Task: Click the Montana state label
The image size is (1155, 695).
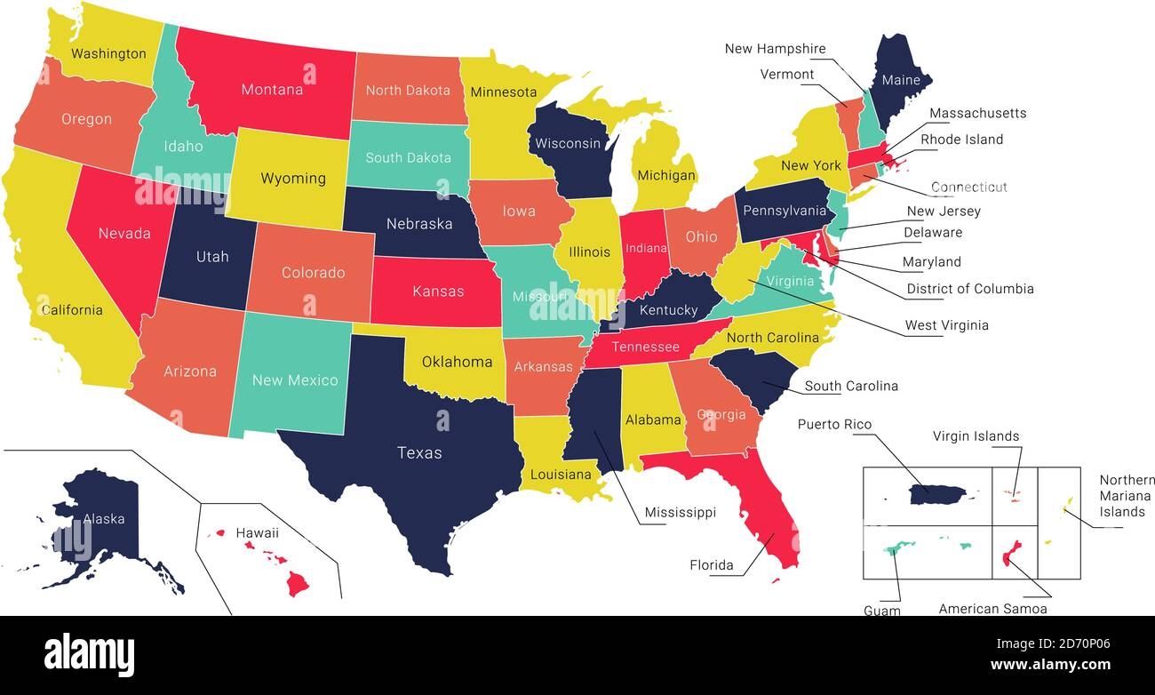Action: (272, 90)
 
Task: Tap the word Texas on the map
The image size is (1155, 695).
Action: (419, 453)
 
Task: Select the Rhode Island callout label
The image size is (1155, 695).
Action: (961, 140)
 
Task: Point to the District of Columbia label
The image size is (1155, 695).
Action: (969, 289)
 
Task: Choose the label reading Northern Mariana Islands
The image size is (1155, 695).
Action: (1125, 496)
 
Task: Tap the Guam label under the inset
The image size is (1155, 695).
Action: (881, 611)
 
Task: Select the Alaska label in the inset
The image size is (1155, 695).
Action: (104, 519)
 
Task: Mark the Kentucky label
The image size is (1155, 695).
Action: (668, 310)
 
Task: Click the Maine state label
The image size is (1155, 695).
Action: (900, 81)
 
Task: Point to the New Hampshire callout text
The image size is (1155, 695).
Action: (775, 49)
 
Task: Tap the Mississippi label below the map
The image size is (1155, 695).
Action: (680, 513)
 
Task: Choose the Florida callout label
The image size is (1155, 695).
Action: (712, 565)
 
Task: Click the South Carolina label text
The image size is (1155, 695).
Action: (850, 386)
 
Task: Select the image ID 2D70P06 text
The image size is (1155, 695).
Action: (1077, 644)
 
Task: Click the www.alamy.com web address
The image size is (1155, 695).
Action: (1050, 665)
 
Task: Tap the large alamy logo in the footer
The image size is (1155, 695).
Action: (89, 655)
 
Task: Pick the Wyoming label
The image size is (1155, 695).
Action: (292, 179)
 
